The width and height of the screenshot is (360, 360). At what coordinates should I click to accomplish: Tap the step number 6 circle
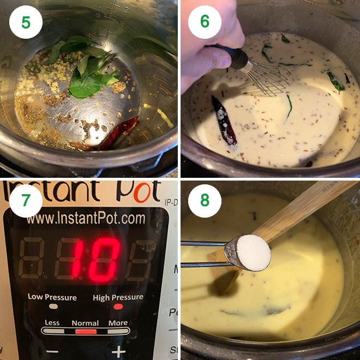(205, 22)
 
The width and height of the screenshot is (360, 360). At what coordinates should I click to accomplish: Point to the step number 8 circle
(205, 201)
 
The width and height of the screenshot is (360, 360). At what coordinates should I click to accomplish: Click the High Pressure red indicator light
(117, 307)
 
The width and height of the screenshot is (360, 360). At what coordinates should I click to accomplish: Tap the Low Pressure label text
(52, 297)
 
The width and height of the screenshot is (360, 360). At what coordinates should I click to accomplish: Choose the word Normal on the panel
(85, 323)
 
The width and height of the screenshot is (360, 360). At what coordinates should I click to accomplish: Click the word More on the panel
(118, 323)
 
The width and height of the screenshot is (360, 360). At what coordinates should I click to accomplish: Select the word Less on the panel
(52, 323)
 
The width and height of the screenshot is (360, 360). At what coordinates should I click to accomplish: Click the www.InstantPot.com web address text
(86, 219)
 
